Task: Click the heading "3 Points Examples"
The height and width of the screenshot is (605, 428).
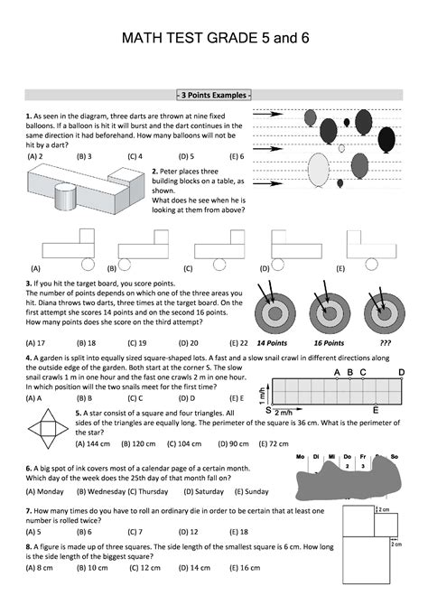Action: pyautogui.click(x=214, y=95)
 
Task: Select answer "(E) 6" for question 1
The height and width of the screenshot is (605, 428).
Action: pyautogui.click(x=237, y=156)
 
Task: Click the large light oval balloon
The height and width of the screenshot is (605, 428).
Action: pyautogui.click(x=319, y=169)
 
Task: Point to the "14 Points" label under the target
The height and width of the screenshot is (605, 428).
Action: pyautogui.click(x=272, y=343)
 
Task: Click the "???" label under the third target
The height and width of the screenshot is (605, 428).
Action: pyautogui.click(x=386, y=343)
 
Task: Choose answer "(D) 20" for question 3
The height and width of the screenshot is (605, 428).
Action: pyautogui.click(x=189, y=343)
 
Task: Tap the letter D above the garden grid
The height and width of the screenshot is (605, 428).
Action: pyautogui.click(x=402, y=372)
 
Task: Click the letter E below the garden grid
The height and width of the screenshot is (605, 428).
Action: pyautogui.click(x=376, y=410)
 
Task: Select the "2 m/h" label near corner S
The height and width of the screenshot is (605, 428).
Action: pyautogui.click(x=284, y=413)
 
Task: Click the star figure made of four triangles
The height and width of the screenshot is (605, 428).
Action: pyautogui.click(x=48, y=428)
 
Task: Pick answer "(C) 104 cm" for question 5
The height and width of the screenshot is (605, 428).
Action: pyautogui.click(x=184, y=443)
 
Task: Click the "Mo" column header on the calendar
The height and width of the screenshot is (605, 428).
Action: pyautogui.click(x=300, y=456)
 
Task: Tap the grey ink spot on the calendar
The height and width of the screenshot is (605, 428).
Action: pyautogui.click(x=349, y=478)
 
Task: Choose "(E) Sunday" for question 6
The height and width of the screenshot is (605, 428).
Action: pyautogui.click(x=251, y=491)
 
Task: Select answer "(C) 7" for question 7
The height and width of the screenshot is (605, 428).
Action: pyautogui.click(x=135, y=532)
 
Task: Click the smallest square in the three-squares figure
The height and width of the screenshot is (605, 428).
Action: pyautogui.click(x=386, y=525)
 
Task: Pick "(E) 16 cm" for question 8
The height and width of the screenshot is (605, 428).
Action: pyautogui.click(x=245, y=568)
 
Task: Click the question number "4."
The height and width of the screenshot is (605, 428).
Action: pyautogui.click(x=29, y=358)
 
